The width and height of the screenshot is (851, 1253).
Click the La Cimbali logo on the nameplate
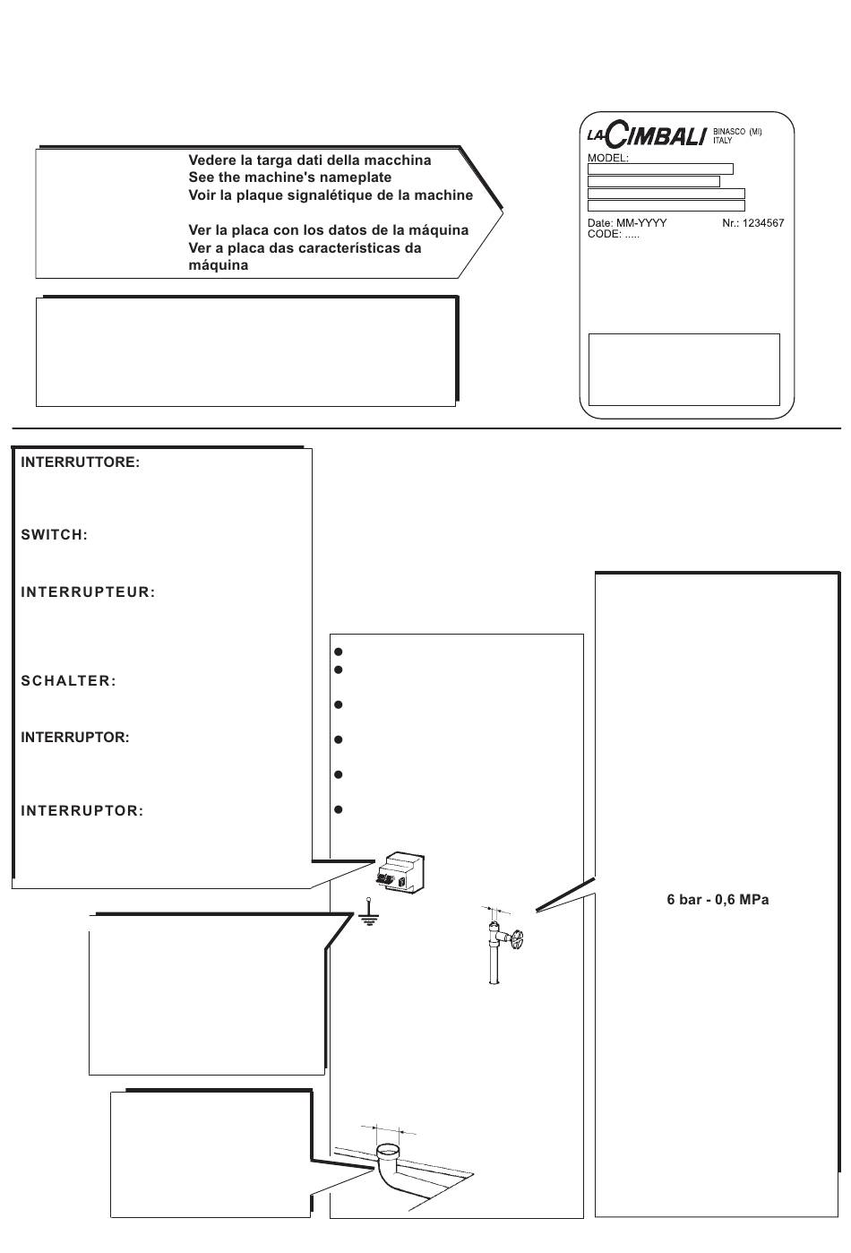(647, 136)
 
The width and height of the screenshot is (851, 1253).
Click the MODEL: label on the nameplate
(607, 158)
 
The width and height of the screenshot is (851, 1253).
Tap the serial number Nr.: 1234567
(752, 222)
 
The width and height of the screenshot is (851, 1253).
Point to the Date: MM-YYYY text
(626, 222)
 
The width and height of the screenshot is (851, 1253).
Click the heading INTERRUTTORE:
(80, 463)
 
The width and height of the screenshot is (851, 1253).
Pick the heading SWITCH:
(54, 535)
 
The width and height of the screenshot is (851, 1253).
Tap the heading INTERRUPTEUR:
(88, 592)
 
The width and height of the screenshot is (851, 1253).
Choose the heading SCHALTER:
(68, 680)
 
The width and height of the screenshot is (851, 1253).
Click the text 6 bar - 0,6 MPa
(718, 899)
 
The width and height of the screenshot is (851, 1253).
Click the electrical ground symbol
(365, 915)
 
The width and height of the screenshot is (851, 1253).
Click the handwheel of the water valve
(518, 940)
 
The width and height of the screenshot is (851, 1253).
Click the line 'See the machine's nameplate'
(289, 177)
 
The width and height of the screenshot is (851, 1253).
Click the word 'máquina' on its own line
(218, 265)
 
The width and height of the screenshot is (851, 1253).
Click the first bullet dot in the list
(339, 652)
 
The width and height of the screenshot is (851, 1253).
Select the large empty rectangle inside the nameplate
(683, 369)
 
